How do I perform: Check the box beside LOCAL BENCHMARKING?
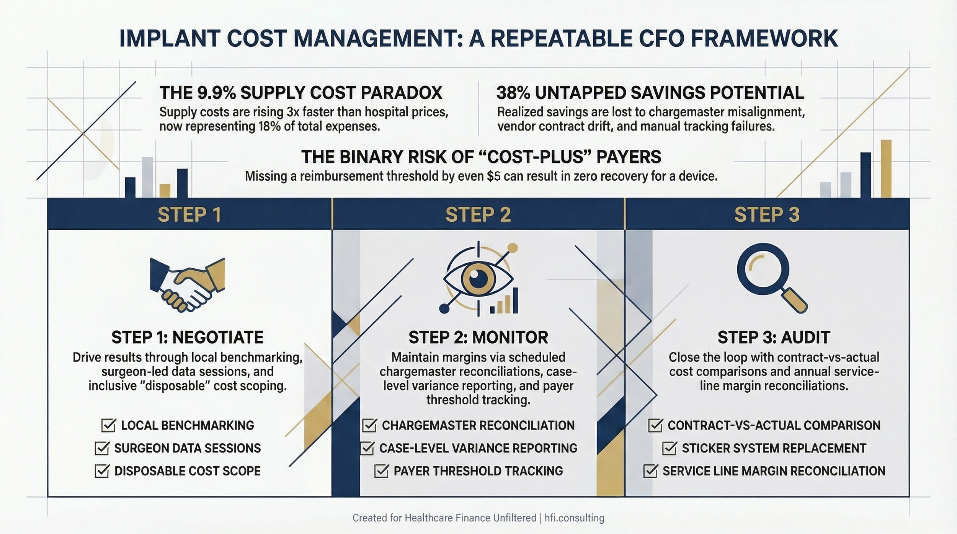108,425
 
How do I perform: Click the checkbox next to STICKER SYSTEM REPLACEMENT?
669,448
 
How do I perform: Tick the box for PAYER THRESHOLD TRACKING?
381,471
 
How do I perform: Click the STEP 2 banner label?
478,214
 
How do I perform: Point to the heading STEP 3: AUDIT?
774,338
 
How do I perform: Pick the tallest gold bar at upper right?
886,168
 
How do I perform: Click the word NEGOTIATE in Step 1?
218,338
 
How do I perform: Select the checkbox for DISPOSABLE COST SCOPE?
101,471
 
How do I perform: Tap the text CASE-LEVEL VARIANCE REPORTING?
478,448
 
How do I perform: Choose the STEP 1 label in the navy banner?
189,214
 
